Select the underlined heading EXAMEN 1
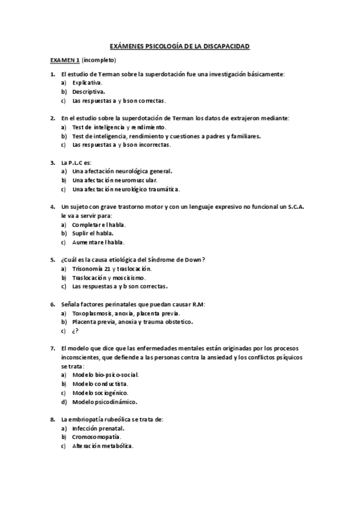pos(65,60)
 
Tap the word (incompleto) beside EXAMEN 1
pos(98,60)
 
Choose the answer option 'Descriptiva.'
pos(89,92)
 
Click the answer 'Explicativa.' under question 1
pos(88,83)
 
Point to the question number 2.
pos(53,118)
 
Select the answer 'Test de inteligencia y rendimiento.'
pos(118,127)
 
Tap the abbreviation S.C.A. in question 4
pos(293,207)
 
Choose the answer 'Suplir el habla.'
pos(93,234)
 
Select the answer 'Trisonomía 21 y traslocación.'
pos(112,269)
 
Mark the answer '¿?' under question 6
pos(75,331)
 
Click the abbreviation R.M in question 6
pos(198,304)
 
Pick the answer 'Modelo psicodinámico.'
pos(104,402)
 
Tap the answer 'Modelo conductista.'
pos(100,384)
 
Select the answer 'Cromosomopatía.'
pos(97,437)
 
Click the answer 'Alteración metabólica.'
pos(103,446)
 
